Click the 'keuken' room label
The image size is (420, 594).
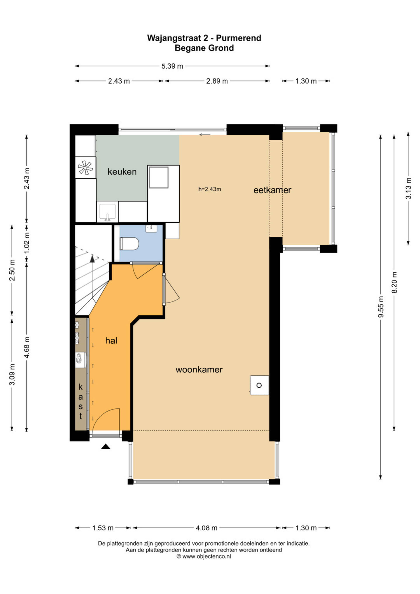pos(122,172)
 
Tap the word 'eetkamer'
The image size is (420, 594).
pos(272,190)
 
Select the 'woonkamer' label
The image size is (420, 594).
pos(199,370)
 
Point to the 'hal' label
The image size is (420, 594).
pos(111,341)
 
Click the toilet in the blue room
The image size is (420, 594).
pos(129,244)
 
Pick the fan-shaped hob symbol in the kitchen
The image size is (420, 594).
pos(85,168)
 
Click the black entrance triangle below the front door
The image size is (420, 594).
pos(105,446)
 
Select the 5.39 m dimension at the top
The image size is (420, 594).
pos(172,66)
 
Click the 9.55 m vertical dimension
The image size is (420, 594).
pos(380,307)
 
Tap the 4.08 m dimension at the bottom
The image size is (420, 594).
pos(206,528)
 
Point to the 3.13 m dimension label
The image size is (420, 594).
pos(408,188)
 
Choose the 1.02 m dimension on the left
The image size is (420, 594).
pos(26,243)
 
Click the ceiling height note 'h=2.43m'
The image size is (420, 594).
pos(210,189)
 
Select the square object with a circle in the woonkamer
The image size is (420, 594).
pos(259,385)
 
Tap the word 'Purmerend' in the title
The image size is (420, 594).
pos(238,38)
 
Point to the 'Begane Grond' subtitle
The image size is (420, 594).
pos(204,48)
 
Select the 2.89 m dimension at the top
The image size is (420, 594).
pos(217,81)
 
